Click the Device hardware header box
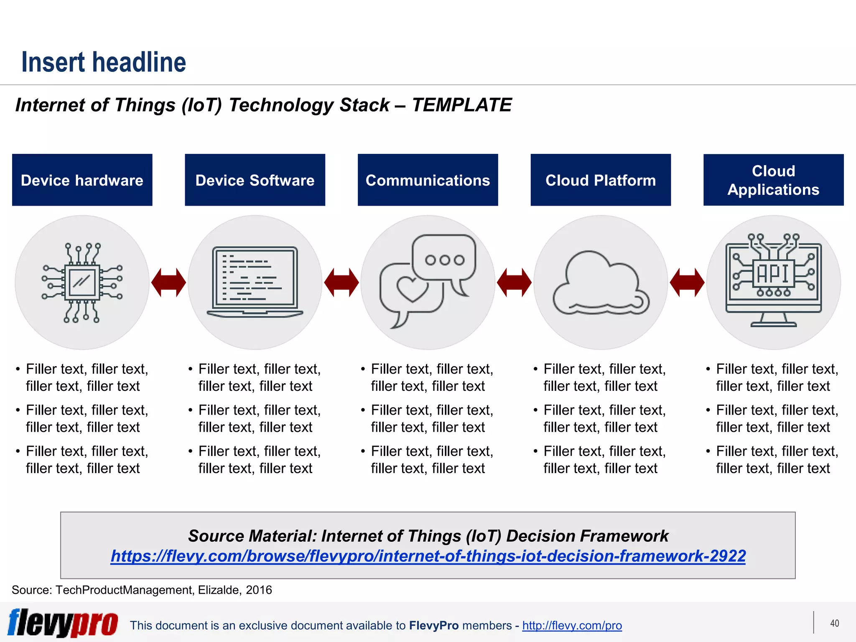pos(82,180)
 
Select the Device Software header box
pos(255,180)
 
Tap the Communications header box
pos(428,180)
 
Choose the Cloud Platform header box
pos(601,180)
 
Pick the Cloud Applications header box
pos(773,180)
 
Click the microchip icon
pos(82,283)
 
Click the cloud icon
pos(601,284)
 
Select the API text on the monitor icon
pos(773,274)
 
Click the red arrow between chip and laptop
pos(168,283)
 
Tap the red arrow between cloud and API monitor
pos(687,283)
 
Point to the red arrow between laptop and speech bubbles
pos(341,283)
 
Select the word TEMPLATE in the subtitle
pos(461,105)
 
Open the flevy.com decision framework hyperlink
pos(428,556)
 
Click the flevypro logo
pos(63,623)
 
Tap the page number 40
pos(834,623)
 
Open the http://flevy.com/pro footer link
pos(572,625)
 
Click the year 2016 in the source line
pos(259,590)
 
